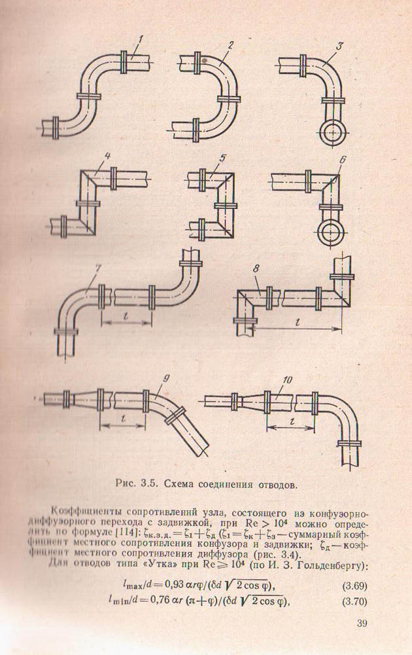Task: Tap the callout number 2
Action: point(231,45)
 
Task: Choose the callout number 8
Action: point(256,269)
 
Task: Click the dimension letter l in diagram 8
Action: point(298,322)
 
